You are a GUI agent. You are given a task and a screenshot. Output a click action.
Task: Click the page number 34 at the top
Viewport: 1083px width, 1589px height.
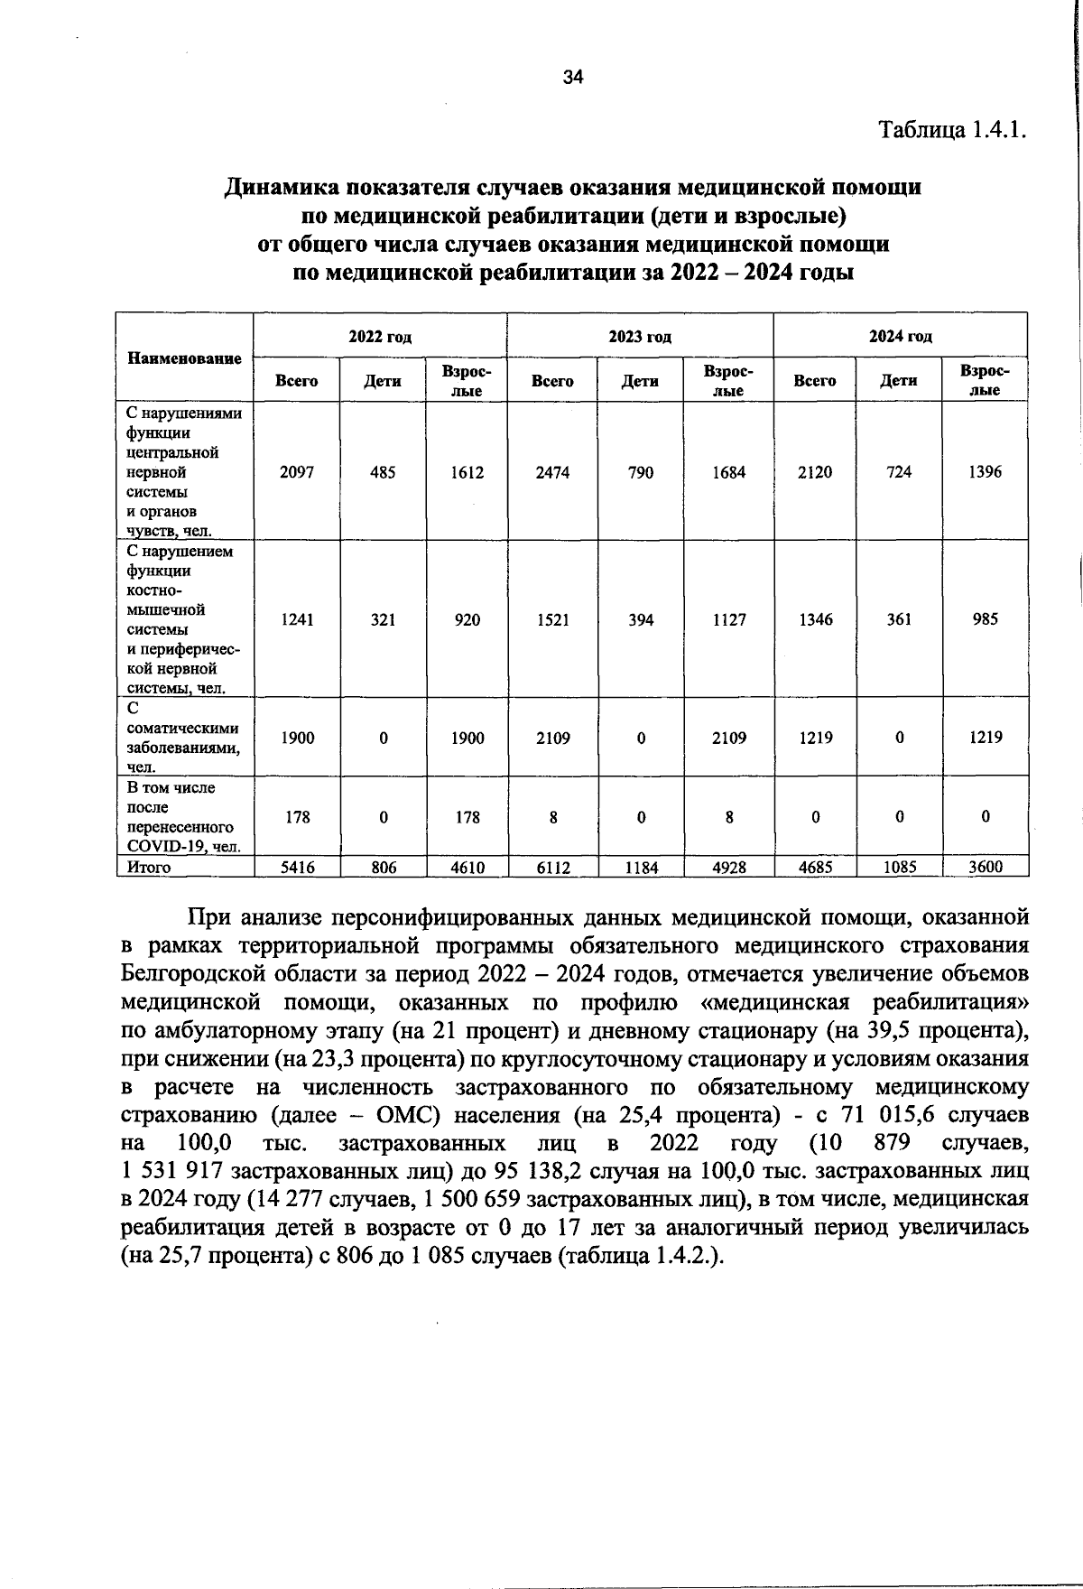point(573,78)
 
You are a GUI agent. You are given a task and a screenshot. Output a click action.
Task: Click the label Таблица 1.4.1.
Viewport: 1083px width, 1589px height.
point(953,129)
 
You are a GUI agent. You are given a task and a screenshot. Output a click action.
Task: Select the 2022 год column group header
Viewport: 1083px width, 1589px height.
point(380,337)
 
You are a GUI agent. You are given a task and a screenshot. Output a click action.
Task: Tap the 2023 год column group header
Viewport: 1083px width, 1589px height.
point(640,337)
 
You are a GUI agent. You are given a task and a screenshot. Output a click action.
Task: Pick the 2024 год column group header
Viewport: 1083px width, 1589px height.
point(900,337)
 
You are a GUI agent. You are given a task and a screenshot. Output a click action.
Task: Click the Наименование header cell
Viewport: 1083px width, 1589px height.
point(184,358)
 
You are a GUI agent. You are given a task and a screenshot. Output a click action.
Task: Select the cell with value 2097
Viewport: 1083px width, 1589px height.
point(297,472)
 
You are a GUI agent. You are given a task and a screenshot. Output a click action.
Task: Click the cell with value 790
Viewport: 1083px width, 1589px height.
point(640,472)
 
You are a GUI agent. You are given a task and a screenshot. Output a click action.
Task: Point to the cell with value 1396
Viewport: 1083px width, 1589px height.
point(985,472)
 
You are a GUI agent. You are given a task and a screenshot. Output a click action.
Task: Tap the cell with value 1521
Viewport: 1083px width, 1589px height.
point(552,620)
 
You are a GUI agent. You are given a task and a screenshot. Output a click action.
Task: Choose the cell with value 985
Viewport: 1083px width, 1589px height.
point(985,620)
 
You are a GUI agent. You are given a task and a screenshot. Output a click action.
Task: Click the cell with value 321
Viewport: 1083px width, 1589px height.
point(383,620)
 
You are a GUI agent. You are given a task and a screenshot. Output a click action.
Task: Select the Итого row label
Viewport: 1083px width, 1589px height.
point(149,868)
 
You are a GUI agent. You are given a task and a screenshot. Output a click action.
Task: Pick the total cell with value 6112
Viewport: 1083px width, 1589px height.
point(552,868)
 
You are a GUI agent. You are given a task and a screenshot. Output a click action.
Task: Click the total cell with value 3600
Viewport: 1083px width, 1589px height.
point(985,868)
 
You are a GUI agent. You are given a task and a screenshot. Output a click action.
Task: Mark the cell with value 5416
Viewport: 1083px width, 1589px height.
point(297,868)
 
